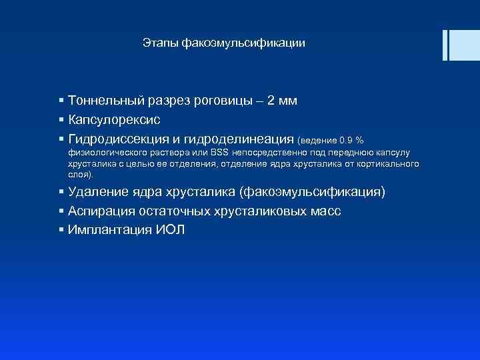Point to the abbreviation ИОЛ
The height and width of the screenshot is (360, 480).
(x=171, y=231)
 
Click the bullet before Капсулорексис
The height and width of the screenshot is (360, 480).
(x=61, y=120)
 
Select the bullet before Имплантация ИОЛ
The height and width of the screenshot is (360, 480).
(x=61, y=231)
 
